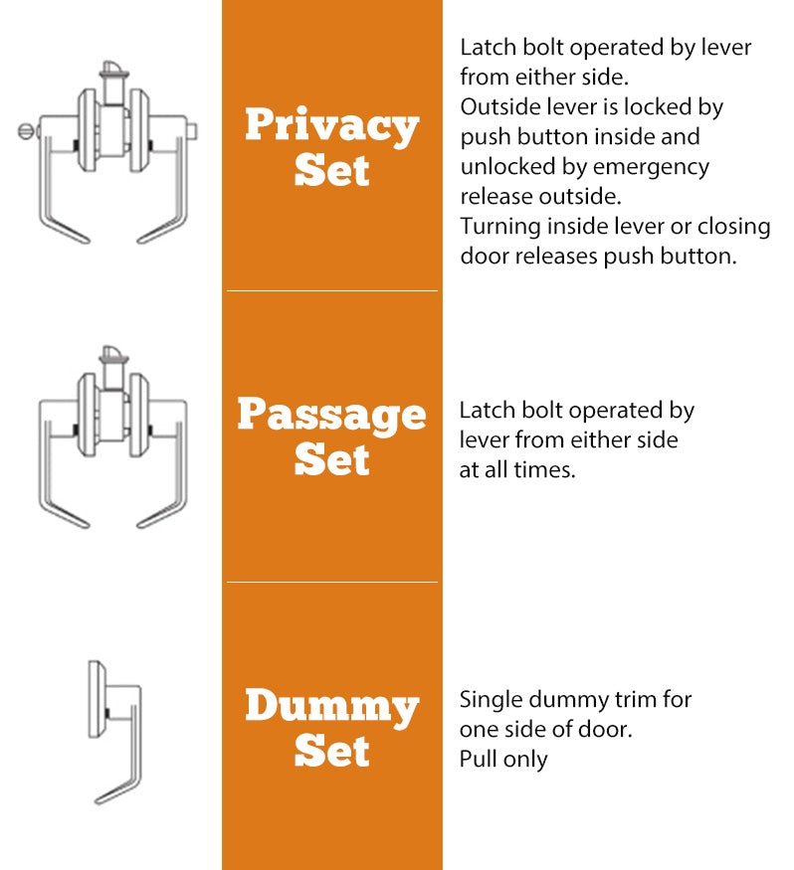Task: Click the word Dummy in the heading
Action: tap(331, 707)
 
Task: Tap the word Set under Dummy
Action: tap(331, 751)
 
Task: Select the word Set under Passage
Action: tap(331, 460)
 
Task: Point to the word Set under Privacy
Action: tap(331, 170)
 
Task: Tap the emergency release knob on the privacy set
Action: tap(25, 130)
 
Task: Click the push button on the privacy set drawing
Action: tap(195, 130)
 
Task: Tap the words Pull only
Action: tap(503, 759)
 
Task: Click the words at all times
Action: tap(517, 470)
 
